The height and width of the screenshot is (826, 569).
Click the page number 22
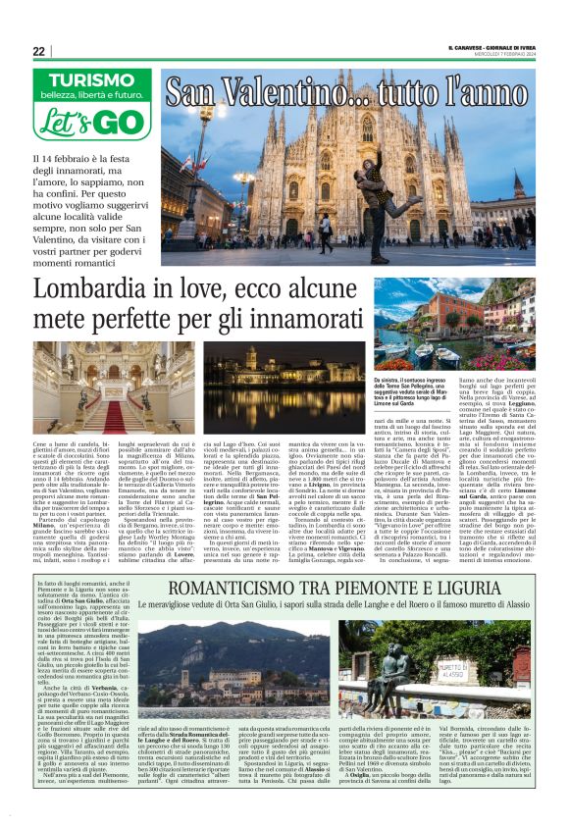click(x=38, y=51)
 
